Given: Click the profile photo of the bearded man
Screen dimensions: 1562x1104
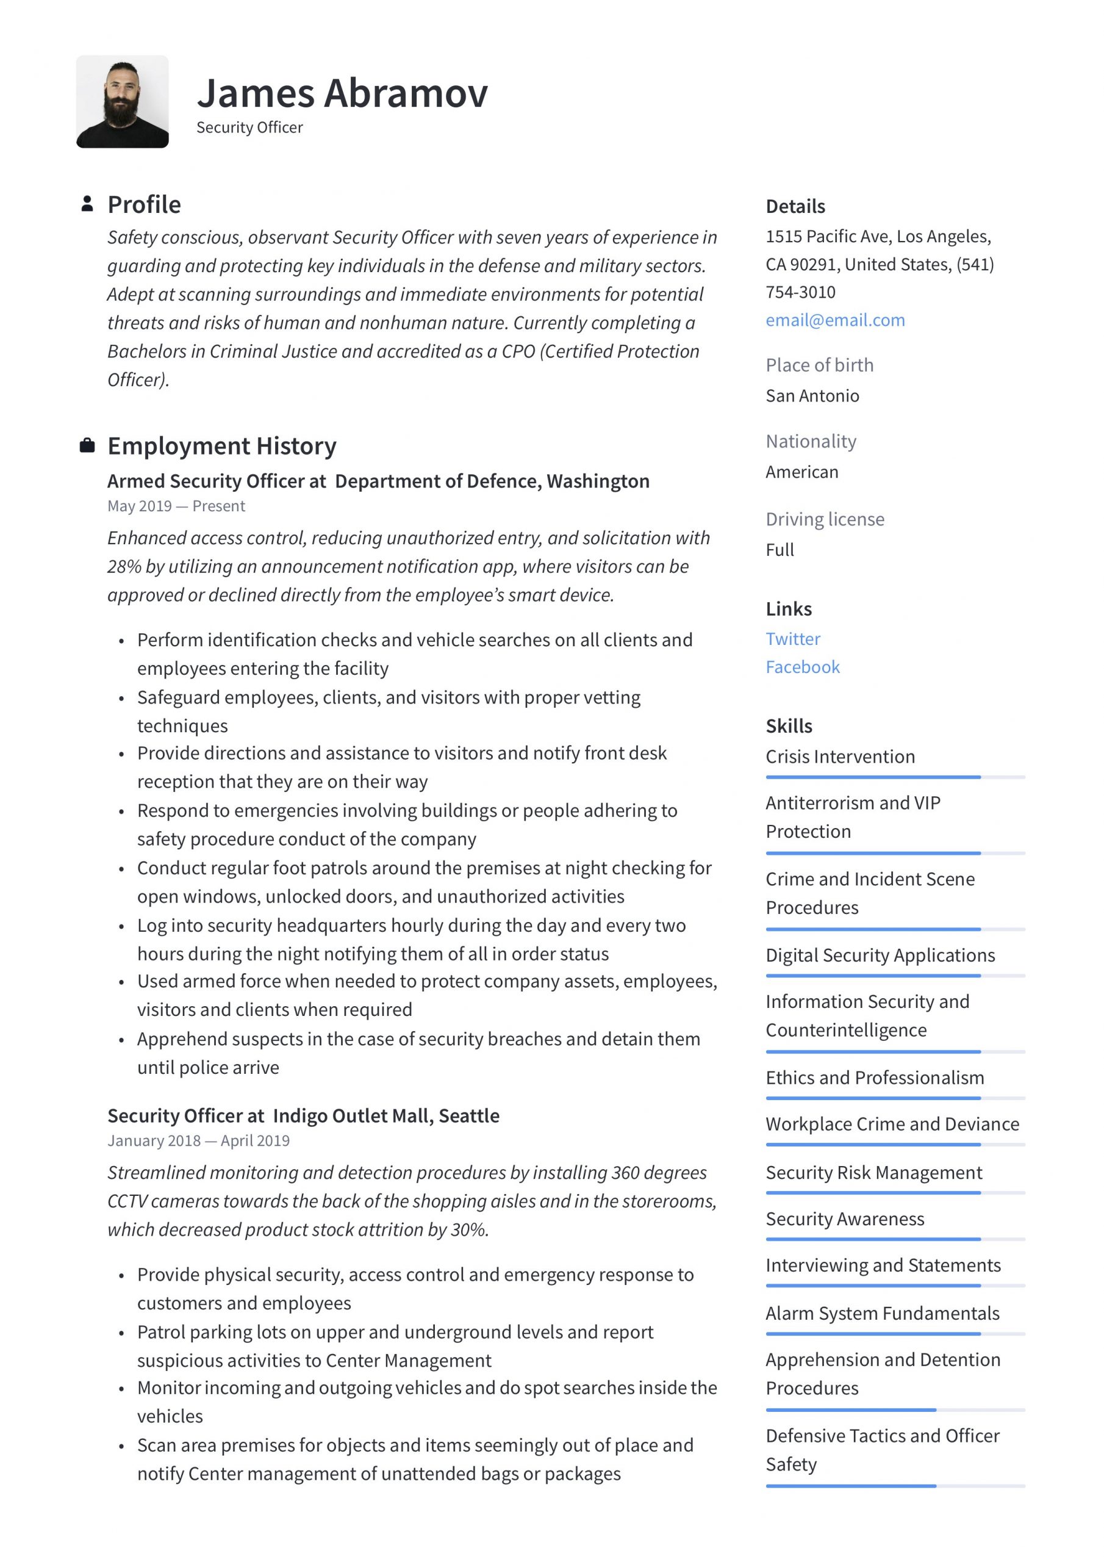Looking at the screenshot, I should click(122, 101).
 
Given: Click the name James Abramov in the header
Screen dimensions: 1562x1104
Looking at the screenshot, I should click(342, 93).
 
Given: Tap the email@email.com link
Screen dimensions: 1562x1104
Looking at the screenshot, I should click(834, 320).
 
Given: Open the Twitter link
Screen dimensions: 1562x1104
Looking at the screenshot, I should click(792, 639).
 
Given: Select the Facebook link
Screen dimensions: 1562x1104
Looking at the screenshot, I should click(802, 667).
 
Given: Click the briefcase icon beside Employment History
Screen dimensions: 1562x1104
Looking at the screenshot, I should click(87, 445).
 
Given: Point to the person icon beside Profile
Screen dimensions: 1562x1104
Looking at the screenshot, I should click(87, 203).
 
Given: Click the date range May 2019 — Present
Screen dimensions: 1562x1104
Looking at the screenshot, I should click(176, 506).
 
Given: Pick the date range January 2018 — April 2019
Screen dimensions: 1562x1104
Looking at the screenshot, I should click(198, 1141).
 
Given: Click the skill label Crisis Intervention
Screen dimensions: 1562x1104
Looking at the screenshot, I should click(839, 757).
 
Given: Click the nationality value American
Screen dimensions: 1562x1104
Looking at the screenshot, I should click(801, 472).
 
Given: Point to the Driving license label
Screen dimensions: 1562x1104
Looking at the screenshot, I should click(825, 519).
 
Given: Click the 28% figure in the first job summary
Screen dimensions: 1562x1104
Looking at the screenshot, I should click(124, 567).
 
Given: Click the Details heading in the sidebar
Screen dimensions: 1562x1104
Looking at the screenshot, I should click(795, 206).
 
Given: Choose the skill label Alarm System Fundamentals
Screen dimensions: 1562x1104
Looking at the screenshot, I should click(881, 1313).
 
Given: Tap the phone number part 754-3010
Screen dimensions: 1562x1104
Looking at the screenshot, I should click(800, 292).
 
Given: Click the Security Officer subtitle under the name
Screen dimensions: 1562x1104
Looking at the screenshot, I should click(249, 128).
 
